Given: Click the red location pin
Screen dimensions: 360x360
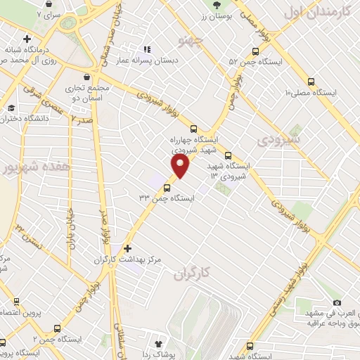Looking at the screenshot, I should click(181, 166).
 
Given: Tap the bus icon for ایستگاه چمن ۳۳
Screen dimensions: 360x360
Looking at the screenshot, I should click(167, 188).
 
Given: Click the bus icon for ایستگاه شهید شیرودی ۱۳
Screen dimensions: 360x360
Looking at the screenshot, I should click(228, 155).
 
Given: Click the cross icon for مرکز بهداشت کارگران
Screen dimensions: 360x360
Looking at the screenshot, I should click(127, 248).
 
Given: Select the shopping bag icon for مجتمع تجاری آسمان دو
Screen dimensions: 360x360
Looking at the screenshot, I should click(86, 77).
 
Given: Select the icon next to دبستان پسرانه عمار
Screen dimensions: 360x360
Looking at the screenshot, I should click(147, 49).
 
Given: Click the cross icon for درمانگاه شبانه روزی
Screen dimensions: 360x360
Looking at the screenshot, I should click(27, 38).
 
